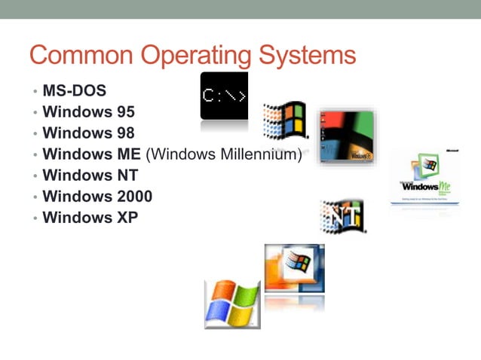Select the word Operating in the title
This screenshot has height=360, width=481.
(185, 56)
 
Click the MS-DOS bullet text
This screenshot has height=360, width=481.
(74, 91)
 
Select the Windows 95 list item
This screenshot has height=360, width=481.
(88, 112)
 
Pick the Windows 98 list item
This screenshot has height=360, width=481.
(88, 133)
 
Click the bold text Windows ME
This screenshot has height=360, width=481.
(92, 154)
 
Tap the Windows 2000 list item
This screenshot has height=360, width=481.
(97, 197)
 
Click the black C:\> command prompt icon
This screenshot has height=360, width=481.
(224, 96)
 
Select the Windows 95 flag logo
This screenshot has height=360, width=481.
(285, 121)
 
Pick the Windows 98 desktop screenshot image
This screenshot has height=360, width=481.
(346, 136)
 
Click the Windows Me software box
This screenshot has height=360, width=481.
(424, 178)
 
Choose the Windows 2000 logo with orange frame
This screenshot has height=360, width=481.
(294, 269)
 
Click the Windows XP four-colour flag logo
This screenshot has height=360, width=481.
(232, 304)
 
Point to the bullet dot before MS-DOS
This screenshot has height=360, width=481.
(34, 92)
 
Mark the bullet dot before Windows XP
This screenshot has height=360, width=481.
(34, 218)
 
